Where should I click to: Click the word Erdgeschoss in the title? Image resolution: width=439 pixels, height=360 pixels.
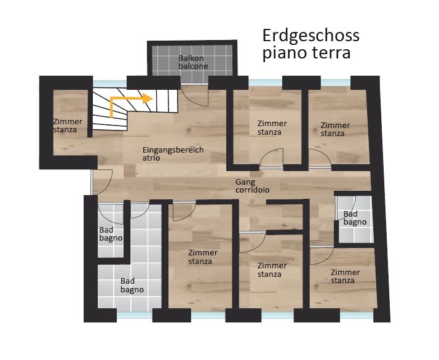(310, 36)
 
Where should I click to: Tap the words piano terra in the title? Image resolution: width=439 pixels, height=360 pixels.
(307, 52)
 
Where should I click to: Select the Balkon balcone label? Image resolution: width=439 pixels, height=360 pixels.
(193, 62)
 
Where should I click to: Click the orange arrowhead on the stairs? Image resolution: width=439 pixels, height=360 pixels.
(148, 98)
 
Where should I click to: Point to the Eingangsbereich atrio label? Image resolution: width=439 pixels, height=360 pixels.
(173, 153)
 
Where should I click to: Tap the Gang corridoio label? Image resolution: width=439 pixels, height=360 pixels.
(252, 186)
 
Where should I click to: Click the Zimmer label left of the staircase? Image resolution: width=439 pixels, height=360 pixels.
(68, 126)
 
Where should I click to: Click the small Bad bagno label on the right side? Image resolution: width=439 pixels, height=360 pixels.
(355, 218)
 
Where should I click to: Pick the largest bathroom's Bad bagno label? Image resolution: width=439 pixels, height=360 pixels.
(132, 285)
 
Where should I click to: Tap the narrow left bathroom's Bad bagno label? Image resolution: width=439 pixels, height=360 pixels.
(111, 234)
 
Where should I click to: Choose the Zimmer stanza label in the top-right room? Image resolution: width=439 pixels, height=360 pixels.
(335, 129)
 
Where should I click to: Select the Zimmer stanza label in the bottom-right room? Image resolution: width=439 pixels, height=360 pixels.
(345, 276)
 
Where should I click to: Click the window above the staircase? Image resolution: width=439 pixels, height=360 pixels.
(109, 84)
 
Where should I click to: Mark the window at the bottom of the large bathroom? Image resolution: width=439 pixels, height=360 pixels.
(135, 315)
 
